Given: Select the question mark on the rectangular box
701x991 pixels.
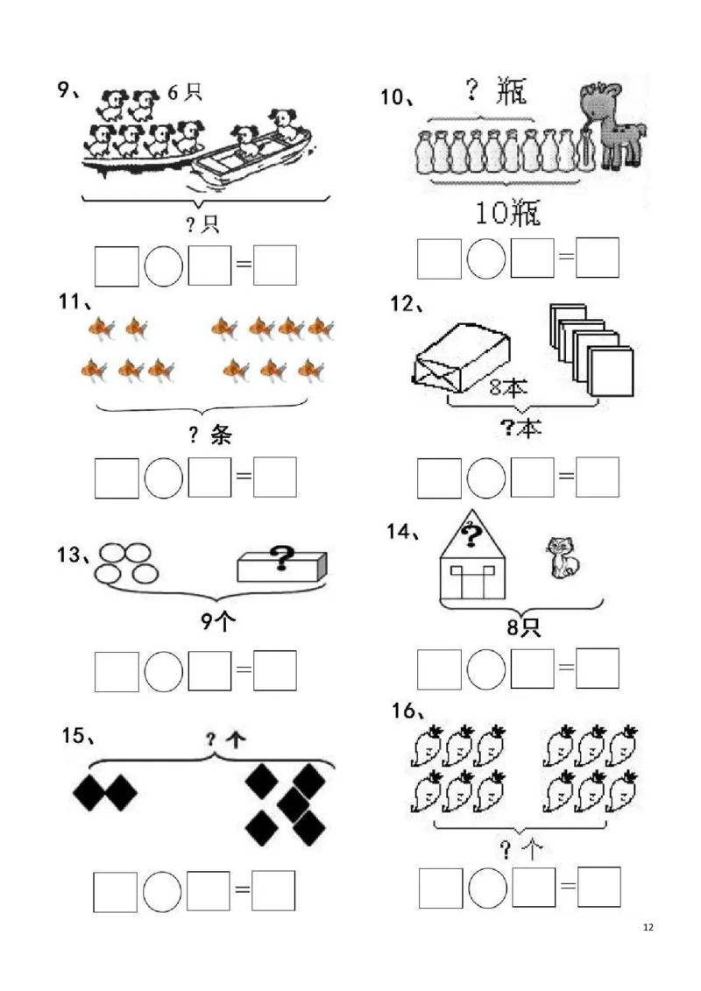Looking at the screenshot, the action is pyautogui.click(x=281, y=558).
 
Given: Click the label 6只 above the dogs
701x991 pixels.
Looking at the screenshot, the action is pyautogui.click(x=184, y=92).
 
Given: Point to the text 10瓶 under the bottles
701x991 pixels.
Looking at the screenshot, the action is pyautogui.click(x=507, y=212).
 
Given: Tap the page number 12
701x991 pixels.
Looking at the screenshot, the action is pyautogui.click(x=648, y=927).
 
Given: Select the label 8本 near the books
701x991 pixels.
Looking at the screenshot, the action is pyautogui.click(x=507, y=386).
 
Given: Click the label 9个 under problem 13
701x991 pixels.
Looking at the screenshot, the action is pyautogui.click(x=218, y=621).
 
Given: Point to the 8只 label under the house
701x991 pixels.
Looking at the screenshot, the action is pyautogui.click(x=523, y=627).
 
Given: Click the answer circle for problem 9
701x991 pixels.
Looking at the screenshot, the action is pyautogui.click(x=164, y=265).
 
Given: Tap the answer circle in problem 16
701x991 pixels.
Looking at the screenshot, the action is pyautogui.click(x=488, y=888).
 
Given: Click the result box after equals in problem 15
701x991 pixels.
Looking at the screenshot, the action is pyautogui.click(x=273, y=890).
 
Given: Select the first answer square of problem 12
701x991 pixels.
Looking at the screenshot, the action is pyautogui.click(x=439, y=478).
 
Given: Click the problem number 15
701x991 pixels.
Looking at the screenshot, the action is pyautogui.click(x=74, y=736).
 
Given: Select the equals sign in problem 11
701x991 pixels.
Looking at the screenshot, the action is pyautogui.click(x=244, y=476).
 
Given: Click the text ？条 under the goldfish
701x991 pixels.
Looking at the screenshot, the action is pyautogui.click(x=210, y=435).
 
